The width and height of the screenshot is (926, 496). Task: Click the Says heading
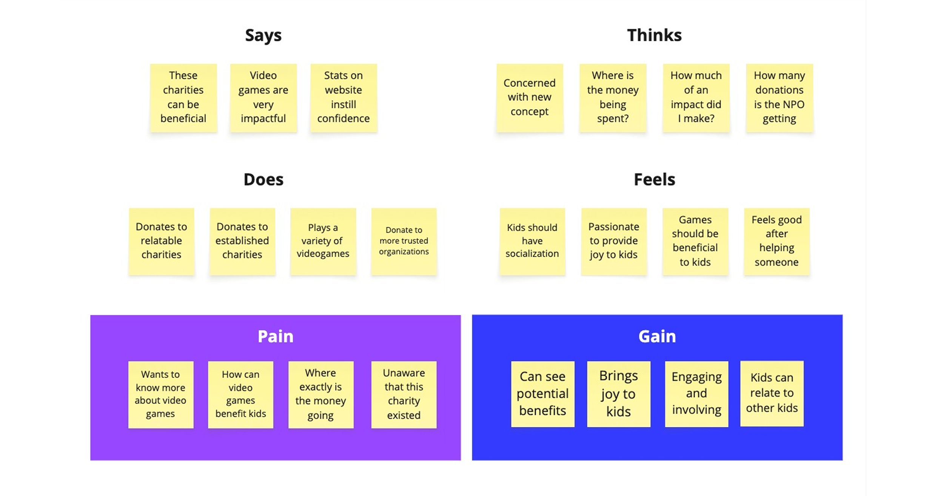(263, 35)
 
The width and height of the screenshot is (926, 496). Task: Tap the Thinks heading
(654, 35)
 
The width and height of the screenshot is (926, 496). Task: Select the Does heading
(263, 180)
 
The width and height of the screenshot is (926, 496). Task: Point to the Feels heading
(654, 180)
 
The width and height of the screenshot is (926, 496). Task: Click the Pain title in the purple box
(275, 336)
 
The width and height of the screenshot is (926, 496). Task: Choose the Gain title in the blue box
(657, 336)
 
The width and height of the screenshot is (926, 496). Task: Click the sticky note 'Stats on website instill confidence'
(344, 97)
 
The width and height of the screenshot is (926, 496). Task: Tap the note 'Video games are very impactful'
(263, 97)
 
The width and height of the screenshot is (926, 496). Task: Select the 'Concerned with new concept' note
(530, 97)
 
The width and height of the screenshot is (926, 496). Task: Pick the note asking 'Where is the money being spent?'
(613, 97)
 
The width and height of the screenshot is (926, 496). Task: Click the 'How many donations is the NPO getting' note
(779, 97)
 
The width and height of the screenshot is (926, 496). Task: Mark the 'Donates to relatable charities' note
(161, 241)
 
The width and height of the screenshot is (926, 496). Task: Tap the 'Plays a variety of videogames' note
(323, 241)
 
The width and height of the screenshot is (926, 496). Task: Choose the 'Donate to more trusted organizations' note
(404, 241)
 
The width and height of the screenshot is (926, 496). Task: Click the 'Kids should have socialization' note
(532, 241)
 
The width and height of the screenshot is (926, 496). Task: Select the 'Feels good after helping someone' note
(777, 241)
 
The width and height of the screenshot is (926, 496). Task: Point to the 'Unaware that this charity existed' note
(404, 394)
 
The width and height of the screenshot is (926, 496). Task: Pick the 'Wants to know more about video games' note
(160, 394)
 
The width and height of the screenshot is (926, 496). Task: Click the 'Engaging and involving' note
(696, 393)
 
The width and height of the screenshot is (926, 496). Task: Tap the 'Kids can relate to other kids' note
(772, 393)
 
